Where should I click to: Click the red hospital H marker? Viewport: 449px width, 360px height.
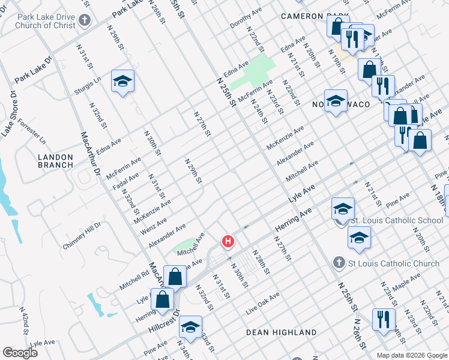(228, 242)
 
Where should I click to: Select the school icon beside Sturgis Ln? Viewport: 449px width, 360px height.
(122, 82)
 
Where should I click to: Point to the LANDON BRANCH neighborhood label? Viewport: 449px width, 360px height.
(55, 161)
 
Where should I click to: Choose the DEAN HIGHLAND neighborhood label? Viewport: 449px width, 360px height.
(282, 332)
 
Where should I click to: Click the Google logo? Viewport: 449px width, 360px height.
(20, 352)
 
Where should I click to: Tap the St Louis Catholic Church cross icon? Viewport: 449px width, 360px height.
(339, 263)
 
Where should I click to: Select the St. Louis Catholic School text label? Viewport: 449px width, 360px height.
(397, 220)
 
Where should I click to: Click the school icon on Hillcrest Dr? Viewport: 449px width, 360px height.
(190, 328)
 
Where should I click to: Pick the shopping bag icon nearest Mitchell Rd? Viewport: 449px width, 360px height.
(175, 278)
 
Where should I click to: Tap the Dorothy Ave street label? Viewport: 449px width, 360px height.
(247, 18)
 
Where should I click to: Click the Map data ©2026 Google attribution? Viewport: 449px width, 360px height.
(412, 355)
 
